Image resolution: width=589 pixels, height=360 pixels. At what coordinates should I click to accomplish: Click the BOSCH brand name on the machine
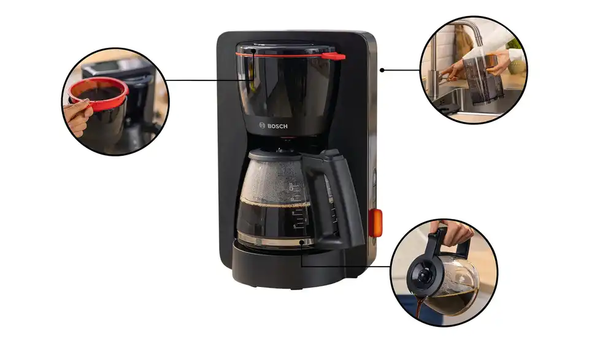277,126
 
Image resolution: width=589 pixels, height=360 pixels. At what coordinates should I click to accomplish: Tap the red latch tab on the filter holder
334,56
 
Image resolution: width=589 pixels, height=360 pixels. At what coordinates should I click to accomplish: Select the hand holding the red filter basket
78,117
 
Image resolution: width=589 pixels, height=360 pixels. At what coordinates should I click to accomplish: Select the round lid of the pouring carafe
422,275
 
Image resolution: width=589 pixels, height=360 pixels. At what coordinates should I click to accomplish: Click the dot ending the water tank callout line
382,70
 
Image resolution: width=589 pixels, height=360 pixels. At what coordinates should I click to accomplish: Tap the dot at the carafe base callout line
301,243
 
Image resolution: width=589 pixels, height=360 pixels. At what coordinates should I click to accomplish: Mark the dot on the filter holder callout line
253,50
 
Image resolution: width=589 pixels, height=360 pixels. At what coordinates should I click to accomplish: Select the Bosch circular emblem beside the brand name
262,125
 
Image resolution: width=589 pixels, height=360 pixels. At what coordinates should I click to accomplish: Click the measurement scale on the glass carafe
298,207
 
